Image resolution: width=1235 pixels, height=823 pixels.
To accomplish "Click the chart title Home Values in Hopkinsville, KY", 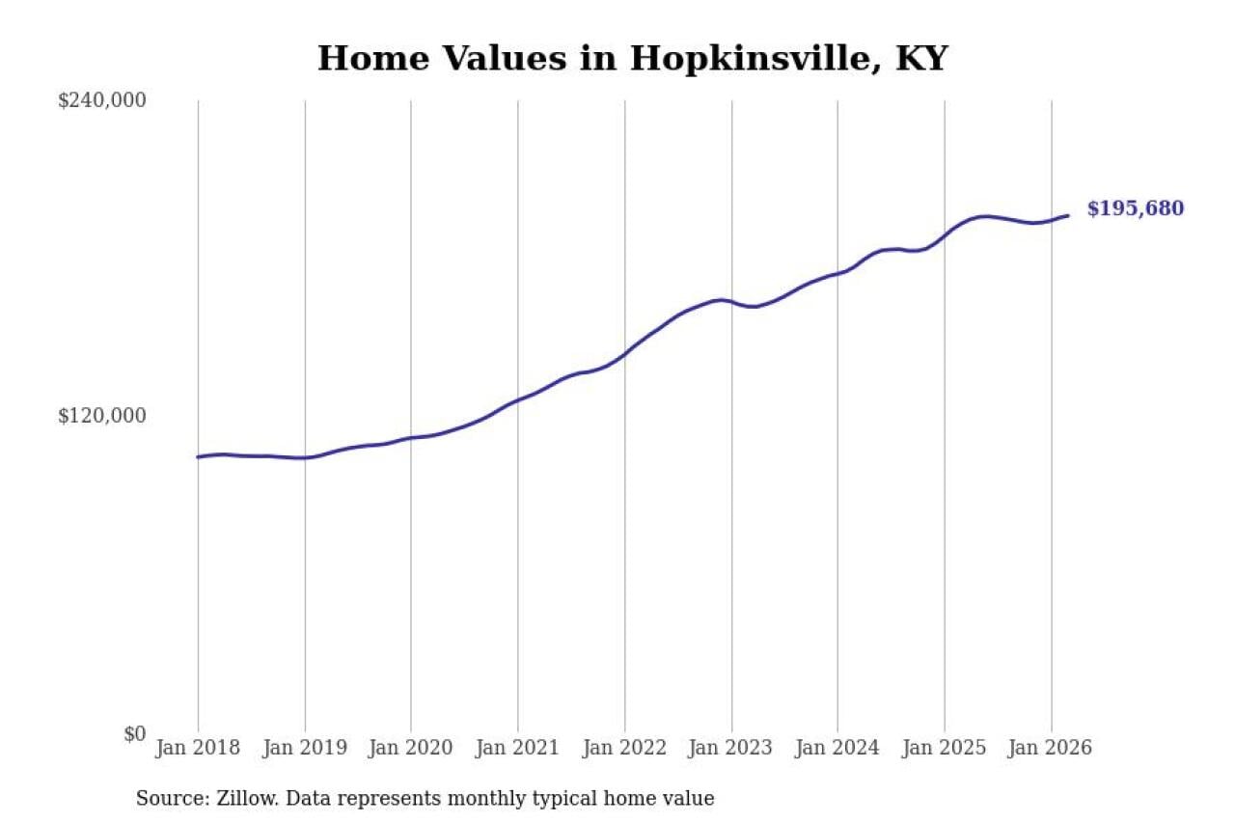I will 632,59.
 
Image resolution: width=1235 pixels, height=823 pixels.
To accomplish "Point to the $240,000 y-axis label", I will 101,100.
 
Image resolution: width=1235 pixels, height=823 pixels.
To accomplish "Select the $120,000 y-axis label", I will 101,416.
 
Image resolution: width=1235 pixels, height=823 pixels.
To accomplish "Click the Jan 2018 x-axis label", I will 198,749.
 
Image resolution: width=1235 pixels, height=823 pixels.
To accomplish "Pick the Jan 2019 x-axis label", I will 305,749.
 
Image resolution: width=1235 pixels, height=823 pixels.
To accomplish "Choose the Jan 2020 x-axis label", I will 411,749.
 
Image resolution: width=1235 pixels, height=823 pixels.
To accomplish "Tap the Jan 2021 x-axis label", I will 518,749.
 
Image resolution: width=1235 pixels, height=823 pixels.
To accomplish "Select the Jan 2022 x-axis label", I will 624,749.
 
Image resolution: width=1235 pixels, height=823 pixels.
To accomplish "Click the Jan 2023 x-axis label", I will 731,749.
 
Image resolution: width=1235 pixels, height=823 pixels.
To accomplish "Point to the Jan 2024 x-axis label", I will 837,749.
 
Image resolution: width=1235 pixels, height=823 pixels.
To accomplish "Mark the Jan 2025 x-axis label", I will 945,749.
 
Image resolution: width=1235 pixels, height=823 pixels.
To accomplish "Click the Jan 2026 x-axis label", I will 1051,749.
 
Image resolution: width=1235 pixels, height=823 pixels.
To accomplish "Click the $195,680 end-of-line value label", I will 1135,209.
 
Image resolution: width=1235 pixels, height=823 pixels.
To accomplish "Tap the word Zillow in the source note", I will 230,799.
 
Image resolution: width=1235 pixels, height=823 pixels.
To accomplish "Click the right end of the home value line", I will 1068,215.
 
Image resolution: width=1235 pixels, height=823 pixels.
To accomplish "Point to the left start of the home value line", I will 198,456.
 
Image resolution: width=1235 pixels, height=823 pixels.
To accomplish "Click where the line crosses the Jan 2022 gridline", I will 624,354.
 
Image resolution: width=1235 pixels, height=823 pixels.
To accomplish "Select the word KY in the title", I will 921,59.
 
